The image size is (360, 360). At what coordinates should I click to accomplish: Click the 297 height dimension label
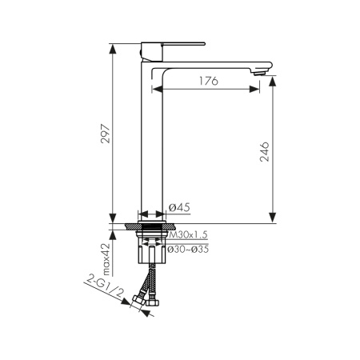106,134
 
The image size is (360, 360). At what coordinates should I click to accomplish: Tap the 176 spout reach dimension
209,81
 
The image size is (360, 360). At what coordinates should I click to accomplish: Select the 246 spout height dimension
265,152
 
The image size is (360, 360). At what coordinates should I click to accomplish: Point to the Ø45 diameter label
179,207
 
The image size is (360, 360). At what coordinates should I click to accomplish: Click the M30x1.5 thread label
188,234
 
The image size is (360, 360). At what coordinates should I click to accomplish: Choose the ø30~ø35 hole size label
188,250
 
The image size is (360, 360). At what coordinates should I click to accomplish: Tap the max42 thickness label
106,259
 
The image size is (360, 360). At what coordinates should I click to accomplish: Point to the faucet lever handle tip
204,43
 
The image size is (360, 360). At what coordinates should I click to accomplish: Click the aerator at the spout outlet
259,73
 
